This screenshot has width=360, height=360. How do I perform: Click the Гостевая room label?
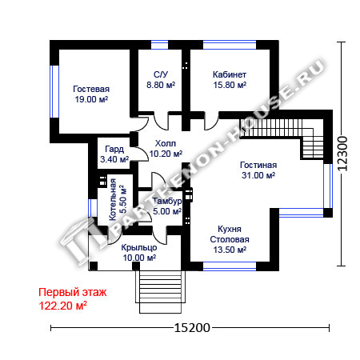[91, 89]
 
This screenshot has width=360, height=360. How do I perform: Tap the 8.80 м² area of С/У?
[161, 85]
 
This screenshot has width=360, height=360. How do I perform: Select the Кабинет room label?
[230, 74]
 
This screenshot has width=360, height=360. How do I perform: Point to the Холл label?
[166, 143]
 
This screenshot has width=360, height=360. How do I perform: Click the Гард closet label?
[114, 149]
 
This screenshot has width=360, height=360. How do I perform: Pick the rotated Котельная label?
[113, 199]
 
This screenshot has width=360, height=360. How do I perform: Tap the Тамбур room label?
[167, 201]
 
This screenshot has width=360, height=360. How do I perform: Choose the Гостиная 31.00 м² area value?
[258, 175]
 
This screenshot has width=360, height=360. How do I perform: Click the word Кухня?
[230, 229]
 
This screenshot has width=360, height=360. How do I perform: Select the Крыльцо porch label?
[139, 247]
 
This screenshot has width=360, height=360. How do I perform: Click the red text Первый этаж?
[73, 293]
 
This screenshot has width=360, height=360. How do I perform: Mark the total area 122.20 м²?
[63, 306]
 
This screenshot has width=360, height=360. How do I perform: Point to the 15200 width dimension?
[192, 328]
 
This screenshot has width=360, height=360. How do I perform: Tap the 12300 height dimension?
[342, 154]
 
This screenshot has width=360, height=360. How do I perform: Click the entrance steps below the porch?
[160, 292]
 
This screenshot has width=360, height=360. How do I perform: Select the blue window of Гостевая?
[54, 91]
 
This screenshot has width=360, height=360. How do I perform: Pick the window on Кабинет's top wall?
[230, 45]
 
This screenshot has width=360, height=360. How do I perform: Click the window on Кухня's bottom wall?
[230, 266]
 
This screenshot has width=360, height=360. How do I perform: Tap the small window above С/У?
[160, 45]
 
